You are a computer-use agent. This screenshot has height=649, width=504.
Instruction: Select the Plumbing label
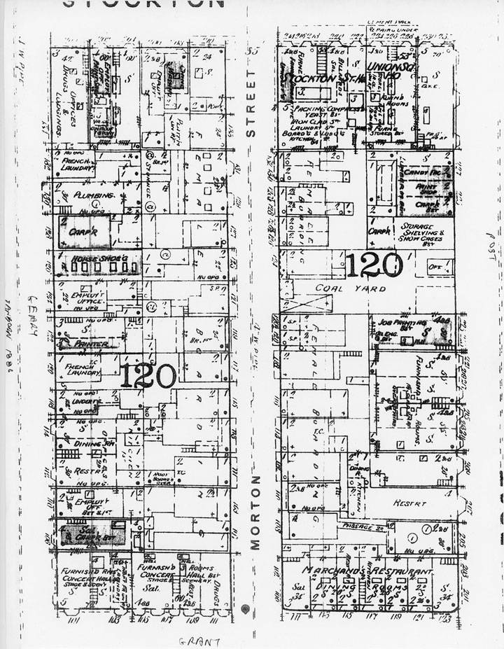tap(86, 195)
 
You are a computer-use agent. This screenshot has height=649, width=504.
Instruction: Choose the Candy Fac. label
tap(421, 171)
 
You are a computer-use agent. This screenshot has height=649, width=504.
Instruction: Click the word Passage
tap(357, 526)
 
